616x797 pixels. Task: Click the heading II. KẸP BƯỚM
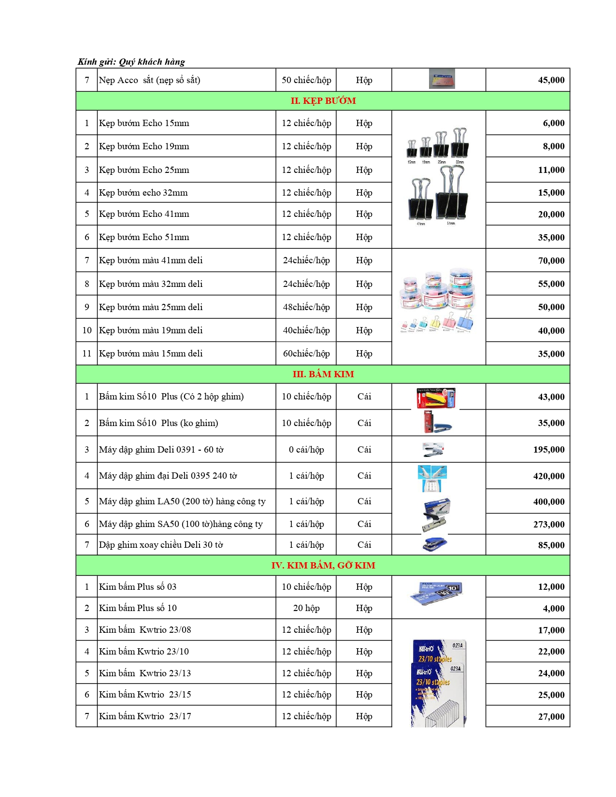click(x=323, y=101)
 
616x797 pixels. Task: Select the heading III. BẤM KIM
click(x=323, y=374)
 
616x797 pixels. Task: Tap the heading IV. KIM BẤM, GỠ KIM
click(x=323, y=566)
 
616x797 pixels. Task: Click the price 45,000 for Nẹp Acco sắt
click(x=551, y=80)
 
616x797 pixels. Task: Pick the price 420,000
click(x=548, y=476)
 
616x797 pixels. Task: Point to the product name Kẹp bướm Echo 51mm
click(x=144, y=237)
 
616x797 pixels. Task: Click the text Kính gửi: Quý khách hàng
click(x=131, y=62)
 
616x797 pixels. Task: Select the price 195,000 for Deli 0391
click(x=548, y=450)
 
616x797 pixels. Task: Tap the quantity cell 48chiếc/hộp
click(x=306, y=307)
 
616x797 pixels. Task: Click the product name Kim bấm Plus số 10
click(x=138, y=608)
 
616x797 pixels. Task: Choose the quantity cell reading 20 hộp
click(x=306, y=608)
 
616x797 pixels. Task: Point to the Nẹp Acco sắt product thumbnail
click(x=442, y=79)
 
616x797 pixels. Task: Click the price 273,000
click(x=548, y=525)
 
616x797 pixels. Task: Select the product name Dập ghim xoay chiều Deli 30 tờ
click(x=161, y=545)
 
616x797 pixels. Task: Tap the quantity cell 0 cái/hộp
click(x=306, y=450)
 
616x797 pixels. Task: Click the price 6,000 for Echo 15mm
click(x=553, y=123)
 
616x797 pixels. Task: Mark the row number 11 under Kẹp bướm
click(x=87, y=354)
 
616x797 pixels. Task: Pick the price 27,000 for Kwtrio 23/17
click(x=551, y=717)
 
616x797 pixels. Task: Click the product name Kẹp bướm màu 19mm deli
click(x=151, y=330)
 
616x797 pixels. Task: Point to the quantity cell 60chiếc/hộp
click(x=306, y=354)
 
